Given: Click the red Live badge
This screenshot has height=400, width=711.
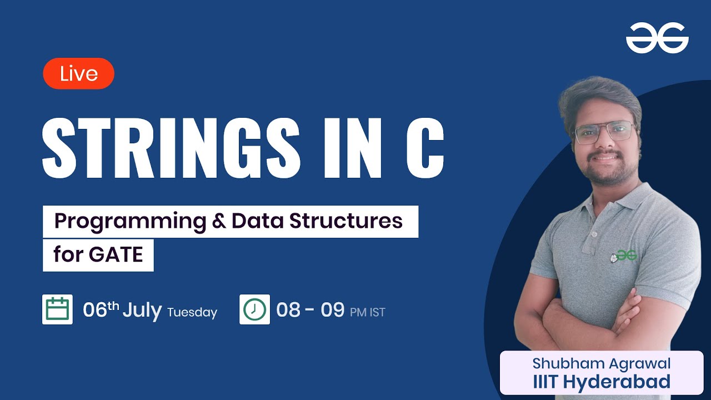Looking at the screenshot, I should pyautogui.click(x=78, y=73).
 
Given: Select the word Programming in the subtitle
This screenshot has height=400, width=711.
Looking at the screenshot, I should pyautogui.click(x=122, y=221).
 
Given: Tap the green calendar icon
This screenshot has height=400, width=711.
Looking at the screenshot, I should pyautogui.click(x=57, y=309).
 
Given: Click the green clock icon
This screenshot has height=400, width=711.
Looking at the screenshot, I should pyautogui.click(x=254, y=309).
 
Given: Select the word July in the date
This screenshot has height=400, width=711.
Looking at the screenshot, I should pyautogui.click(x=142, y=310).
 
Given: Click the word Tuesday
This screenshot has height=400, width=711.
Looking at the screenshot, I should pyautogui.click(x=192, y=312).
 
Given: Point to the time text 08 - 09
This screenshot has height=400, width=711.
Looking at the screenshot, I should pyautogui.click(x=311, y=309).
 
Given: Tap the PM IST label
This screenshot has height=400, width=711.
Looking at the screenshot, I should pyautogui.click(x=368, y=312).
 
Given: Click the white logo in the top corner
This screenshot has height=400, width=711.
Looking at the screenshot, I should pyautogui.click(x=657, y=38).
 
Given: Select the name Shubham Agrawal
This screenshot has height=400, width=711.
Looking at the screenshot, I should pyautogui.click(x=602, y=363).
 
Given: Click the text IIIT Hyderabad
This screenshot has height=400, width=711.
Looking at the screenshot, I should pyautogui.click(x=602, y=382).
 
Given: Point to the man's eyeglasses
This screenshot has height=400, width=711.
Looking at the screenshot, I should pyautogui.click(x=604, y=132).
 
